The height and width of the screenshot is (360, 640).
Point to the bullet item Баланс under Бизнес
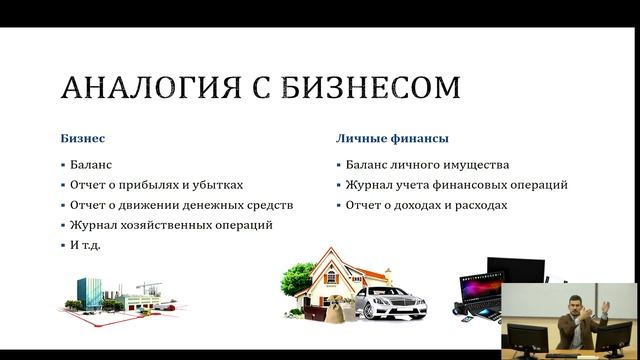click(x=92, y=165)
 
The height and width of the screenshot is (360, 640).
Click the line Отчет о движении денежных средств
click(x=182, y=205)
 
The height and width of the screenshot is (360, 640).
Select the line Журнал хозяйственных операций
click(x=171, y=225)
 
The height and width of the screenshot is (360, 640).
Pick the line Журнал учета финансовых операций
click(x=458, y=185)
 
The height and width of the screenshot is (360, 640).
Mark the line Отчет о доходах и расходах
click(x=428, y=205)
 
